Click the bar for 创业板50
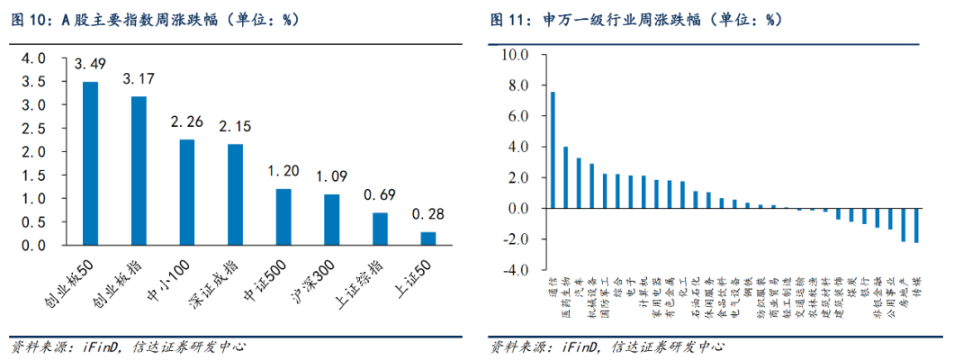tap(90, 163)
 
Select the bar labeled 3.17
tap(139, 170)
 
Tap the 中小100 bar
tap(186, 192)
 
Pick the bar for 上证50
tap(428, 238)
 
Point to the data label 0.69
tap(380, 195)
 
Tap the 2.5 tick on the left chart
tap(32, 128)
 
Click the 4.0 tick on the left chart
tap(32, 58)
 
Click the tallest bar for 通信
tap(553, 149)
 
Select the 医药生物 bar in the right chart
tap(565, 177)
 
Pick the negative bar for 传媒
tap(916, 225)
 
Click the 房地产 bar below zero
tap(904, 224)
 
